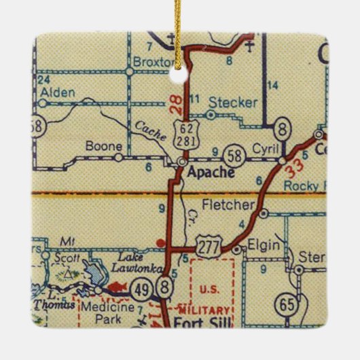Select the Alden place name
(57, 91)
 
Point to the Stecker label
(234, 103)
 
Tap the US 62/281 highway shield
(185, 132)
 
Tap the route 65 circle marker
(289, 303)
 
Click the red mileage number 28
(175, 103)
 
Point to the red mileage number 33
(295, 164)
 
